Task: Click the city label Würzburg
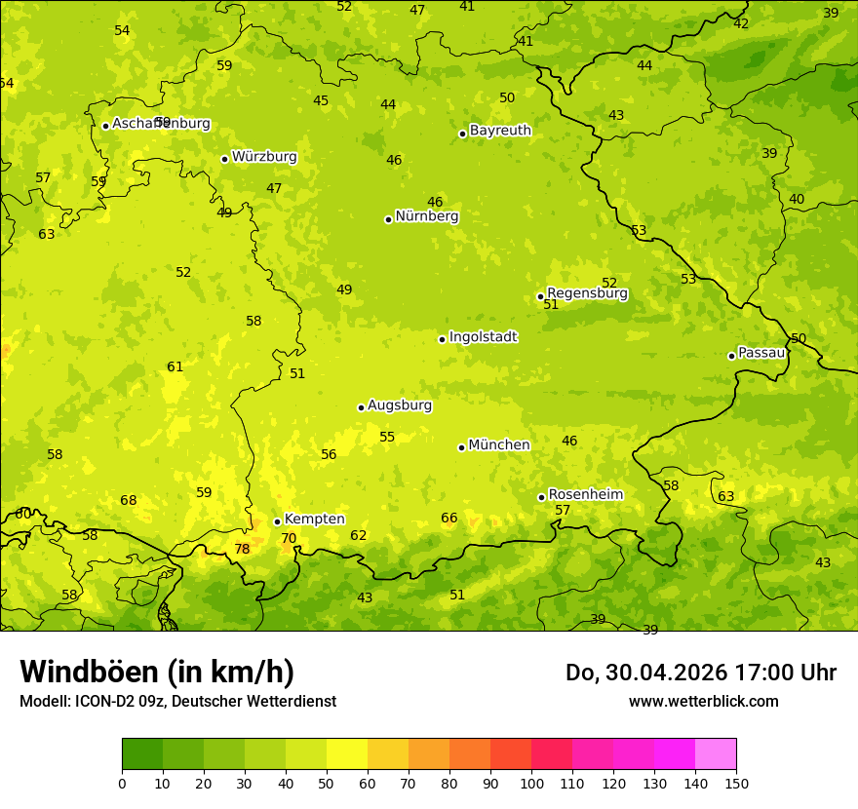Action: click(x=264, y=157)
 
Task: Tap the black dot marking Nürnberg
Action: click(x=388, y=219)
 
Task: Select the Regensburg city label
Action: click(x=587, y=293)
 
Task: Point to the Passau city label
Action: click(x=761, y=353)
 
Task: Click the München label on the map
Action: click(x=499, y=445)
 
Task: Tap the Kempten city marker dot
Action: click(x=277, y=521)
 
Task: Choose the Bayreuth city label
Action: click(x=500, y=131)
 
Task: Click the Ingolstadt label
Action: click(x=483, y=337)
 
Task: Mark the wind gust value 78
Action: click(x=242, y=550)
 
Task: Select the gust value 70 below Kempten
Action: click(x=289, y=539)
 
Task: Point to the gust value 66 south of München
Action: click(x=448, y=519)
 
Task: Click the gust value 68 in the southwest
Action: click(x=128, y=501)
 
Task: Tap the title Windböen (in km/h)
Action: click(x=157, y=672)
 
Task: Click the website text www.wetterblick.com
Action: click(x=703, y=702)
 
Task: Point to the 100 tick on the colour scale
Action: click(x=531, y=783)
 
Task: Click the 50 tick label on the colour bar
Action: click(x=327, y=783)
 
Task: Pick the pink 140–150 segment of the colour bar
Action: click(x=715, y=754)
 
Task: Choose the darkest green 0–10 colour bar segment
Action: click(x=142, y=754)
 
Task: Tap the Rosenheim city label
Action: click(x=585, y=495)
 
